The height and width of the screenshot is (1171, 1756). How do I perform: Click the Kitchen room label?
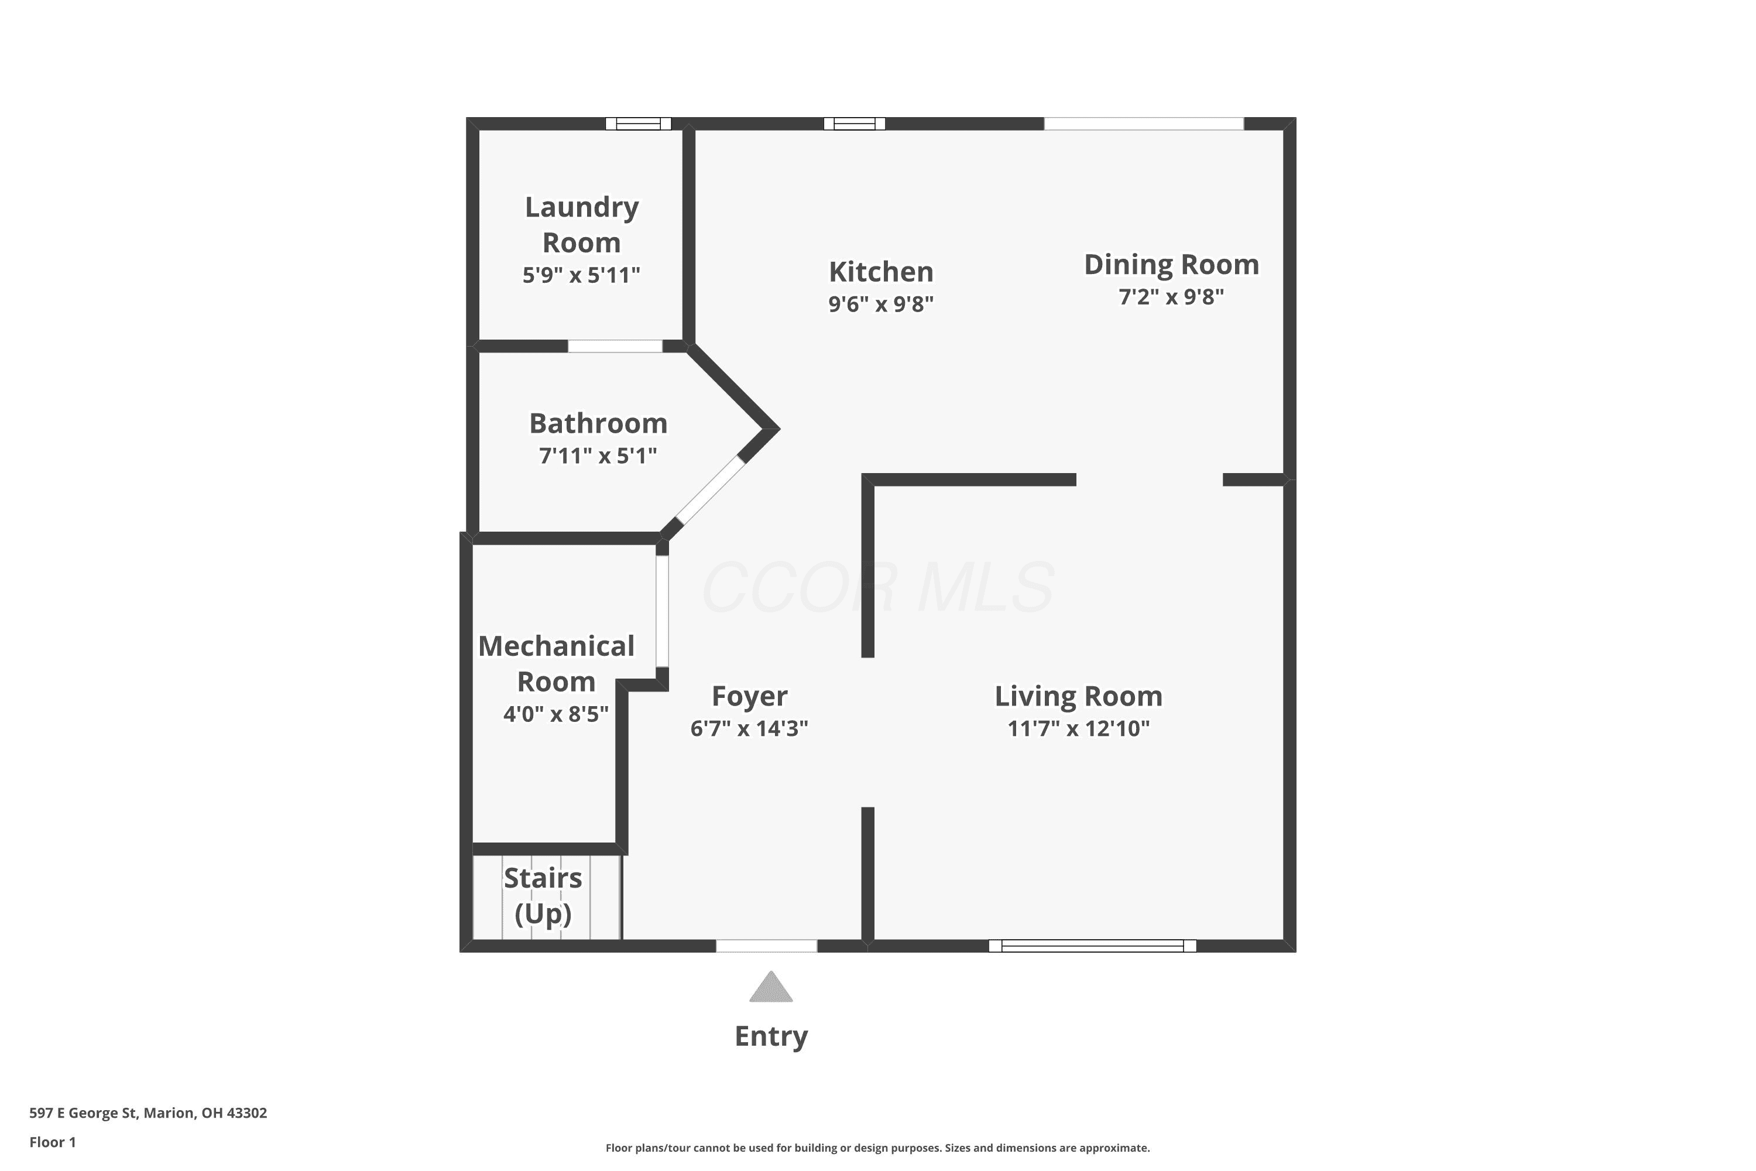tap(881, 272)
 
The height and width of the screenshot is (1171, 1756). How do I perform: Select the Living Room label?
tap(1078, 696)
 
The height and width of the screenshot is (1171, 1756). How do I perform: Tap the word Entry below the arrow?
tap(771, 1036)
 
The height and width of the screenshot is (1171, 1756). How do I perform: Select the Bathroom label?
tap(598, 423)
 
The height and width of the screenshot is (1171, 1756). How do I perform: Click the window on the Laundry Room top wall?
tap(639, 124)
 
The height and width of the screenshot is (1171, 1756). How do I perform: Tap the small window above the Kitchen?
tap(854, 124)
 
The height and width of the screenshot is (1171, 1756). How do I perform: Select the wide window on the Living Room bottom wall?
tap(1092, 946)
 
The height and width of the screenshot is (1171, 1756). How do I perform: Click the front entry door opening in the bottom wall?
tap(767, 946)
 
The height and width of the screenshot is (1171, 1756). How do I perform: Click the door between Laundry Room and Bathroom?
tap(615, 346)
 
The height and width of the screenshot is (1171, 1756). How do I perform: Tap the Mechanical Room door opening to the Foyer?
tap(662, 611)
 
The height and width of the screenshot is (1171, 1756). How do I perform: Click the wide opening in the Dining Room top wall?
tap(1144, 124)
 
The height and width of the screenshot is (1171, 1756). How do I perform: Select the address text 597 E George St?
tap(83, 1113)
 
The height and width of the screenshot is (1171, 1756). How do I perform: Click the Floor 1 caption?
tap(52, 1142)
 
